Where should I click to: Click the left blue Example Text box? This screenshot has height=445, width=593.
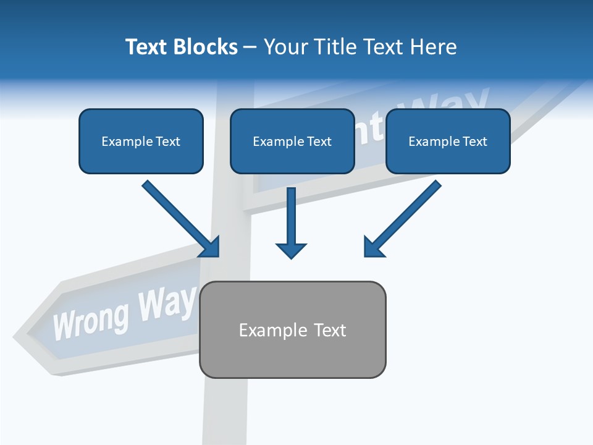pyautogui.click(x=141, y=142)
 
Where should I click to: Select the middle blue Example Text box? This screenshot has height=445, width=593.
pyautogui.click(x=292, y=142)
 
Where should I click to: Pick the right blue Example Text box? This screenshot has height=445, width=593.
pyautogui.click(x=448, y=142)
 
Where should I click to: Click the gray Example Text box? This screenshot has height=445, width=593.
pyautogui.click(x=292, y=329)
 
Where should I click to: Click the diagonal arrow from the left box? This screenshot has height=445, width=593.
pyautogui.click(x=179, y=217)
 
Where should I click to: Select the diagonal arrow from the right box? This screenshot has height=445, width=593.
pyautogui.click(x=404, y=217)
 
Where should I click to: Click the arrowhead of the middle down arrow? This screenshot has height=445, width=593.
pyautogui.click(x=291, y=250)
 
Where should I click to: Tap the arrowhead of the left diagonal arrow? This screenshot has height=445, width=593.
pyautogui.click(x=210, y=247)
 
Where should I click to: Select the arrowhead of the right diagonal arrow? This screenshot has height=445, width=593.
pyautogui.click(x=373, y=247)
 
